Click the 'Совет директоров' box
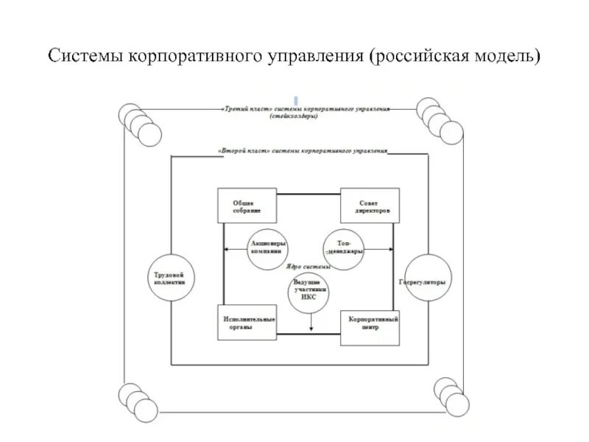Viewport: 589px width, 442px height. [370, 206]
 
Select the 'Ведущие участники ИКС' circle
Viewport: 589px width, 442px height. [309, 294]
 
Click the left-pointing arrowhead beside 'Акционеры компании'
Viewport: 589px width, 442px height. [227, 250]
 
